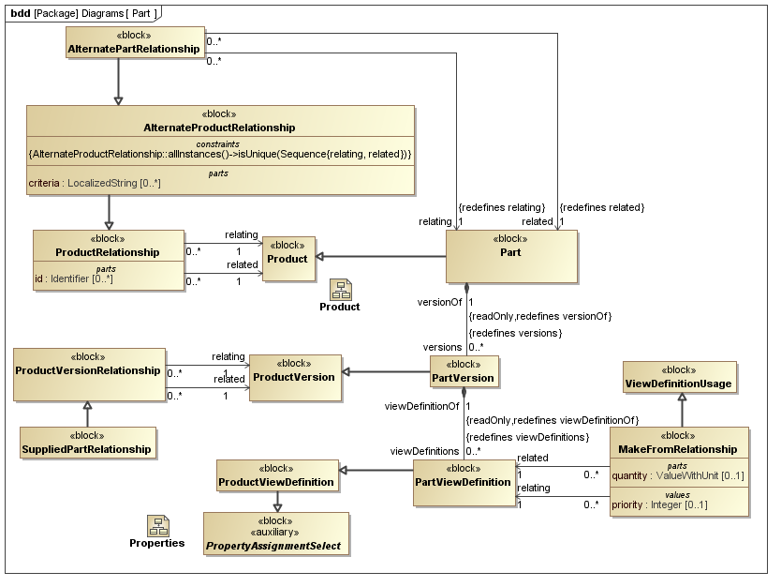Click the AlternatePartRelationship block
[135, 43]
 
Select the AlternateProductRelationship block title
[220, 128]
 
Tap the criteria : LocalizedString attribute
[95, 183]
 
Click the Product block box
[287, 258]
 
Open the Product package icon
[340, 289]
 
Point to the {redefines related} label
[601, 206]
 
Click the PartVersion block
[464, 372]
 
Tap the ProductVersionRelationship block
[88, 369]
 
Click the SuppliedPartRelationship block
[87, 443]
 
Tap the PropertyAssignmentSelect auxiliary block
[275, 535]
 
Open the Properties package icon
[157, 526]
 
